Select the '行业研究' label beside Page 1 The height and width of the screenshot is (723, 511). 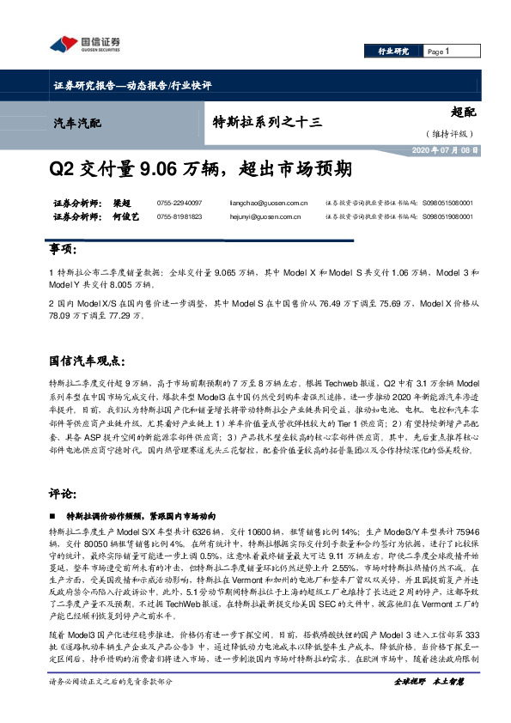[x=393, y=52]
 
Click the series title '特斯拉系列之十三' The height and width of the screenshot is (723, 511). [x=267, y=122]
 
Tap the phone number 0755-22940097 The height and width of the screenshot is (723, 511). [x=179, y=203]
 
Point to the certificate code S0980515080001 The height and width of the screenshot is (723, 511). [x=447, y=203]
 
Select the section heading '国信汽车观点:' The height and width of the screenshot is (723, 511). [x=90, y=357]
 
